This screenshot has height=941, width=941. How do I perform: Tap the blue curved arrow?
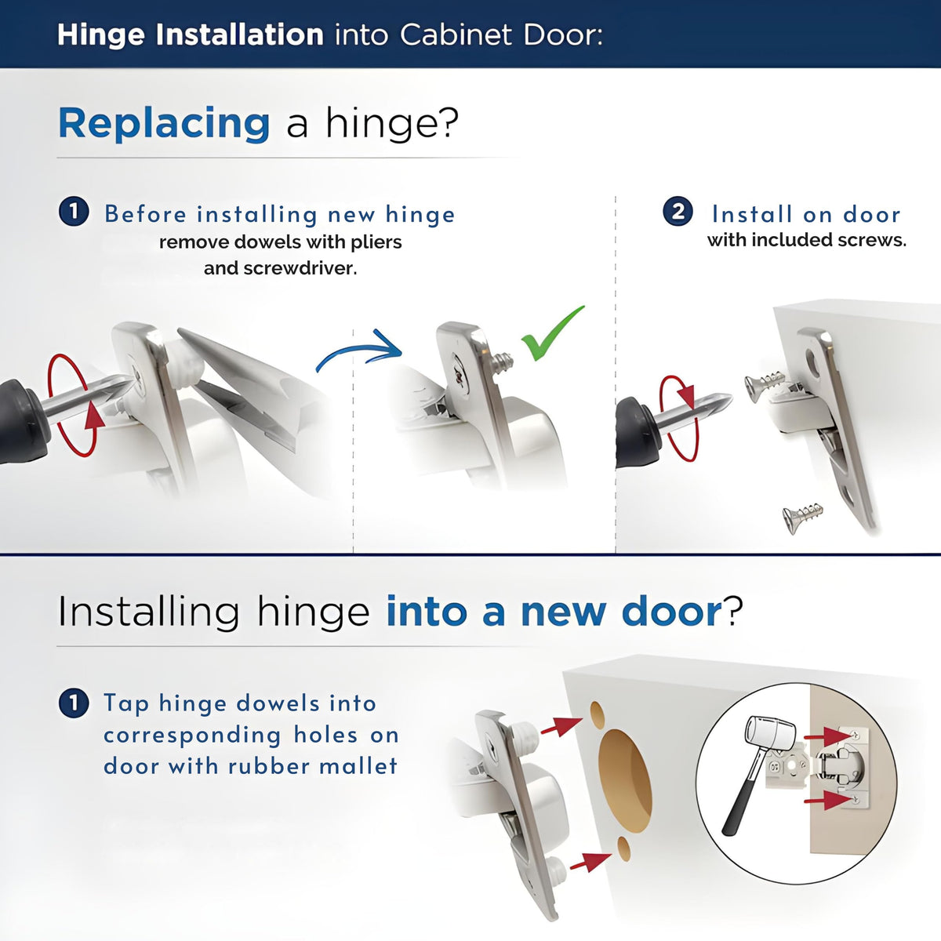coord(359,347)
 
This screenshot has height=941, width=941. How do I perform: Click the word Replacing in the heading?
coord(164,124)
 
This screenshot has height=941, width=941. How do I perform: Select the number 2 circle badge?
coord(678,212)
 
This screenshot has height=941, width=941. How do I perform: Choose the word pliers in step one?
coord(376,242)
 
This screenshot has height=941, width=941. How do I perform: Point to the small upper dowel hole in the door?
coord(598,715)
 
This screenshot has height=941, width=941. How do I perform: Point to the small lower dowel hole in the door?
coord(623,848)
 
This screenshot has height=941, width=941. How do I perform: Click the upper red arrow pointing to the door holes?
coord(561,726)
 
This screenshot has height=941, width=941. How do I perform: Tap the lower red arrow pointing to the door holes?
coord(591,862)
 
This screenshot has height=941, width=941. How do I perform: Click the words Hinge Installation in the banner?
coord(191,35)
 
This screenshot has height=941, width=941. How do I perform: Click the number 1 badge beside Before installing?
coord(74,212)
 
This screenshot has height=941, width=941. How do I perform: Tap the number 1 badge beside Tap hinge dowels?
coord(74,703)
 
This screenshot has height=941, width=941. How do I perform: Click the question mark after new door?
coord(732,610)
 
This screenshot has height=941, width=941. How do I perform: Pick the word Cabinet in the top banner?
coord(456,35)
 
